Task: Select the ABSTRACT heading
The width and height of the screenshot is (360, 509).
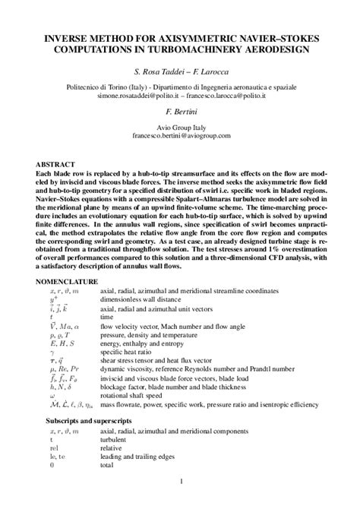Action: tap(55, 165)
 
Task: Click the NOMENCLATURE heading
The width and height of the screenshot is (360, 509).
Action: tap(68, 281)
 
